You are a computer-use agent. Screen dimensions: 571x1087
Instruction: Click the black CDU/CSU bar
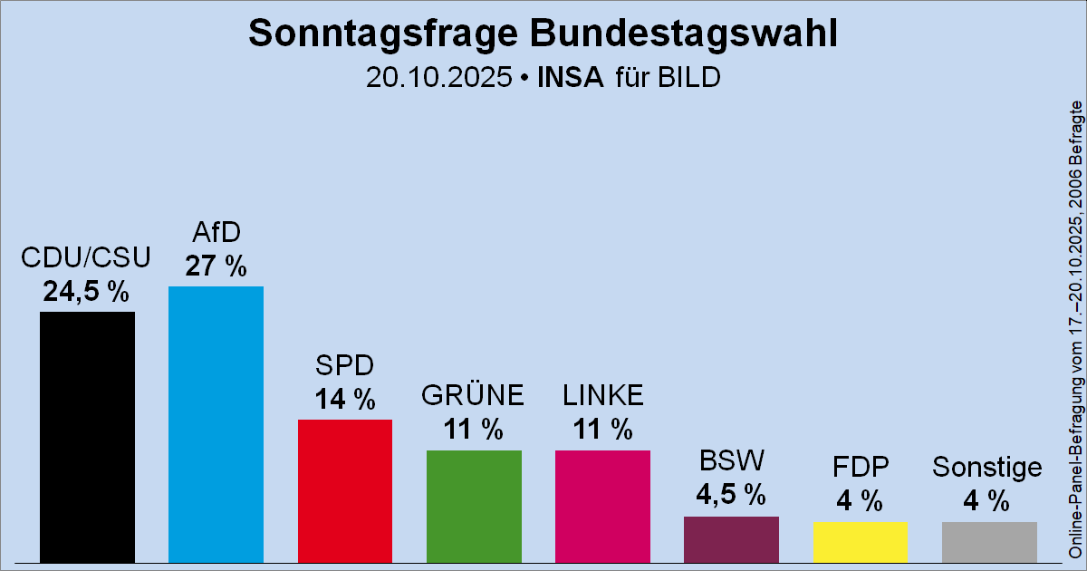click(x=87, y=437)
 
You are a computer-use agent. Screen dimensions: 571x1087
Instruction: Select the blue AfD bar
click(x=216, y=424)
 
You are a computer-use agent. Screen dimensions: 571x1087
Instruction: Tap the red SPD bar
click(x=344, y=490)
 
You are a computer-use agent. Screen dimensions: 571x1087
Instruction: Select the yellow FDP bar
click(x=860, y=542)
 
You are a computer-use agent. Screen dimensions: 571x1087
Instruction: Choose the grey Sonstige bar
click(x=989, y=542)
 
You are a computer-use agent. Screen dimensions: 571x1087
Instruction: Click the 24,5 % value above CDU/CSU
click(x=87, y=292)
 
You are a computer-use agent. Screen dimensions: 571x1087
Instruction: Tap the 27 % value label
click(x=216, y=266)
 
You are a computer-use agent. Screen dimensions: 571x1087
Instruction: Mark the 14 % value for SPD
click(x=344, y=399)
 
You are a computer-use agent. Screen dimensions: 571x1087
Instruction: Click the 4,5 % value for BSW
click(x=731, y=495)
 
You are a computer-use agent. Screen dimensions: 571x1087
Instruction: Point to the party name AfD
click(x=216, y=233)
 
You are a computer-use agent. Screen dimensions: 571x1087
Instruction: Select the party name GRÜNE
click(x=474, y=396)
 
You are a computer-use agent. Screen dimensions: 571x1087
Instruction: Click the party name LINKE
click(x=602, y=396)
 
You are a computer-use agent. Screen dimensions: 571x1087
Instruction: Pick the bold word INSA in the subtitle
click(x=571, y=78)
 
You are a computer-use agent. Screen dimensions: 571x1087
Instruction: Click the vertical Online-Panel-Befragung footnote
click(x=1075, y=331)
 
